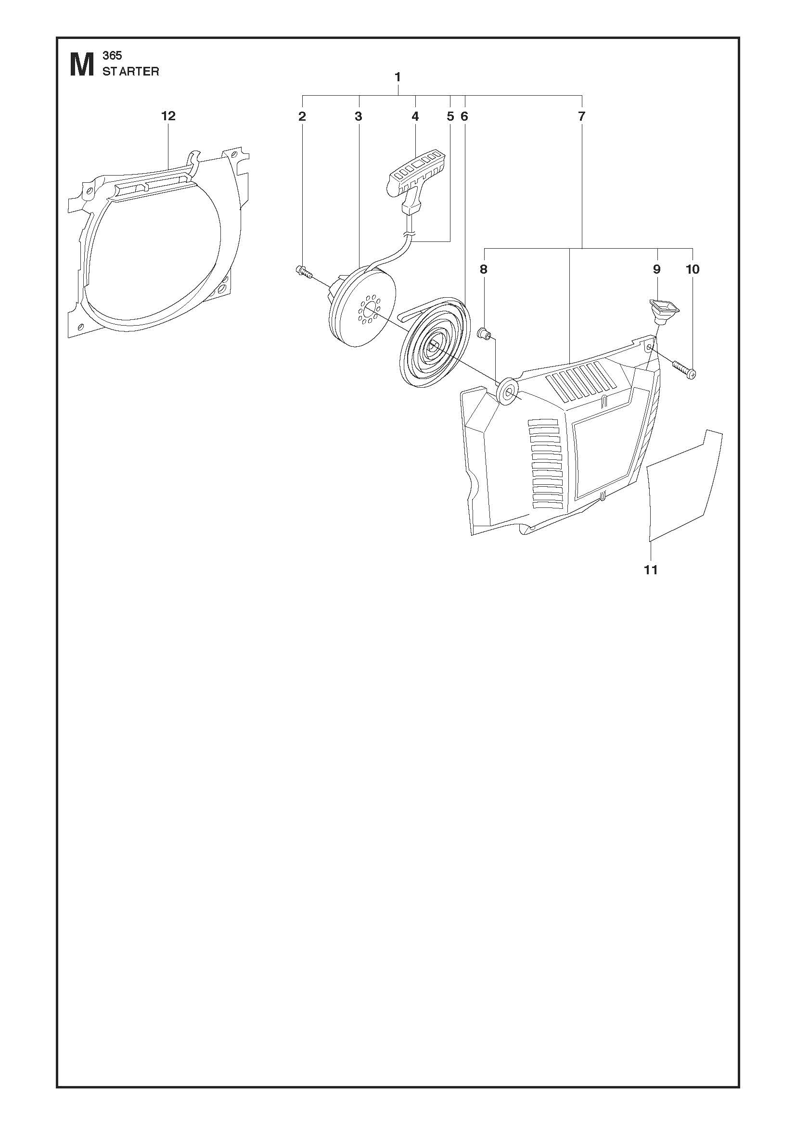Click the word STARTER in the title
click(131, 72)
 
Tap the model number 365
click(112, 56)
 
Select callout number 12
click(168, 116)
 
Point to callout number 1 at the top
click(398, 77)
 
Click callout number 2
click(302, 116)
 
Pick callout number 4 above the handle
click(415, 116)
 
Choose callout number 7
click(582, 116)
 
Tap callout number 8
click(484, 269)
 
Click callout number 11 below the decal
click(651, 570)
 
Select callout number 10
click(693, 269)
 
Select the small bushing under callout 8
click(485, 335)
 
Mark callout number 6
click(464, 116)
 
